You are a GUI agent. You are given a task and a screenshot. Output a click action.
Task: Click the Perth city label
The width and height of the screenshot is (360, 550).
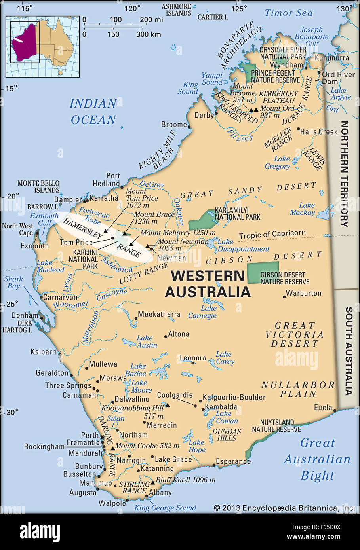(x=90, y=435)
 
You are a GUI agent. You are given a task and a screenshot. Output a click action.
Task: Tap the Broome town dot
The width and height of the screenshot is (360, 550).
(x=189, y=127)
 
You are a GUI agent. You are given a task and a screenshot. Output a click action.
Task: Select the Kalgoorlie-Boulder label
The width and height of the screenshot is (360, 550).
(x=234, y=397)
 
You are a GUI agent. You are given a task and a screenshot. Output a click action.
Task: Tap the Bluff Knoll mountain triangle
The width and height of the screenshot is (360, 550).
(x=153, y=483)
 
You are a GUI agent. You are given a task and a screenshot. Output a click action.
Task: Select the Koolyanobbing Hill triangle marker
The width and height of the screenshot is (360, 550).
(x=168, y=405)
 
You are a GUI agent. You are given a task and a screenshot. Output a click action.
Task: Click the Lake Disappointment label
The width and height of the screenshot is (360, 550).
(x=243, y=245)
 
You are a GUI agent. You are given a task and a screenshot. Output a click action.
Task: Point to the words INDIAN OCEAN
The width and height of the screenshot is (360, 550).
(x=93, y=112)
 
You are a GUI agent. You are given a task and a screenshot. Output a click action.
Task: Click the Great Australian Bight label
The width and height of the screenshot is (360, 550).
(x=317, y=459)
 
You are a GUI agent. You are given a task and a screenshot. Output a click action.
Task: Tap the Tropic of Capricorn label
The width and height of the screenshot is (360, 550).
(x=272, y=234)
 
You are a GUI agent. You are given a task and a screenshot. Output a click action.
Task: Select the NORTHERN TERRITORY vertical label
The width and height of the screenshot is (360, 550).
(x=344, y=174)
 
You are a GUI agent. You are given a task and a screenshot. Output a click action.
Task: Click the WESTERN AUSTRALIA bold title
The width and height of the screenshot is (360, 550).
(x=208, y=283)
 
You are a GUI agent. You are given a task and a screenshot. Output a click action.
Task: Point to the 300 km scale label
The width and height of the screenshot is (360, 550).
(x=149, y=34)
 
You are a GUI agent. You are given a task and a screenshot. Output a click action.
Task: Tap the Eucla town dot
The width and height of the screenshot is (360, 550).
(x=335, y=410)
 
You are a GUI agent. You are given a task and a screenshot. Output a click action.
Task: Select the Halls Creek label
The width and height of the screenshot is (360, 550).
(x=319, y=132)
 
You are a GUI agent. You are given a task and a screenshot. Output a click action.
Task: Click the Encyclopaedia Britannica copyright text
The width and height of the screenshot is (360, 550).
(x=284, y=508)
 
